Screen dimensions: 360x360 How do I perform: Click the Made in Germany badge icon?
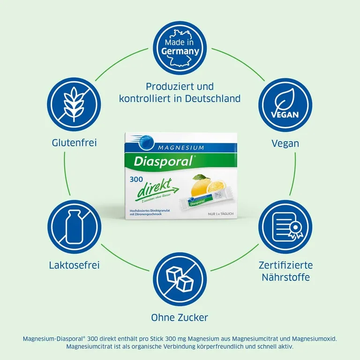pyautogui.click(x=180, y=48)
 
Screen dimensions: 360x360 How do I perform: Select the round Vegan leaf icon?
pyautogui.click(x=285, y=105)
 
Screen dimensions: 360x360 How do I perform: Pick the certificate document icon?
pyautogui.click(x=285, y=227)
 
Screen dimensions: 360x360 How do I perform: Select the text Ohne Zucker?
pyautogui.click(x=180, y=317)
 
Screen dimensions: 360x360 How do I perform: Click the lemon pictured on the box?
pyautogui.click(x=201, y=189)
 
